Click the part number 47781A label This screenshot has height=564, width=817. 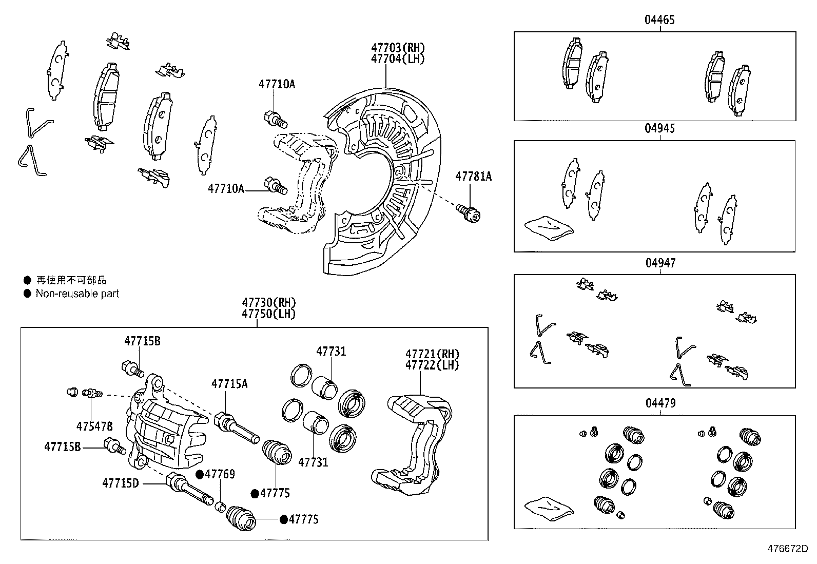473,177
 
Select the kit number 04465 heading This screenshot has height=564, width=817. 659,20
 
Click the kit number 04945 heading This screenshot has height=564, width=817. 659,128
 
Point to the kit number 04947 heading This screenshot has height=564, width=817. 660,263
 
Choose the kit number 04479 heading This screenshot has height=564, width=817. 660,403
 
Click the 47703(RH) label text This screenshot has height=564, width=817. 398,48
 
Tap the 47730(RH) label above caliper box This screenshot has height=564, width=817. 269,303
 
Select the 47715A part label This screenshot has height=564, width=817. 229,384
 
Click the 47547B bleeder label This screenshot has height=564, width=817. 94,426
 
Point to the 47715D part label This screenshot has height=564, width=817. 120,482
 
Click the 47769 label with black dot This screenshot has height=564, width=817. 220,474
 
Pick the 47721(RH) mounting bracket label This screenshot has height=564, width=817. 432,354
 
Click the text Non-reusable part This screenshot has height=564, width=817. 77,294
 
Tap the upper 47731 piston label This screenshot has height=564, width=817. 331,352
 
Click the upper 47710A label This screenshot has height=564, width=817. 277,85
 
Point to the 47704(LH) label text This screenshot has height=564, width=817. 398,59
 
